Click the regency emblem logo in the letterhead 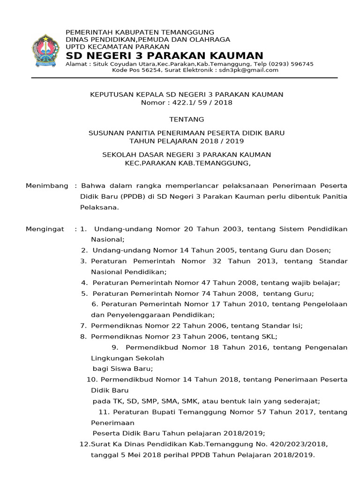point(45,51)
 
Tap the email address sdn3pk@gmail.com point(248,70)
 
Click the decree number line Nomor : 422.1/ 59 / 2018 point(187,102)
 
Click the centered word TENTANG point(187,120)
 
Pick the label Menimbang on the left point(47,186)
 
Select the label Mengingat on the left point(45,229)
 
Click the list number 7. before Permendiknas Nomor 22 point(83,325)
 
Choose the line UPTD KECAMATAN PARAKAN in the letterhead point(117,46)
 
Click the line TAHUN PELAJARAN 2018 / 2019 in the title point(187,141)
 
